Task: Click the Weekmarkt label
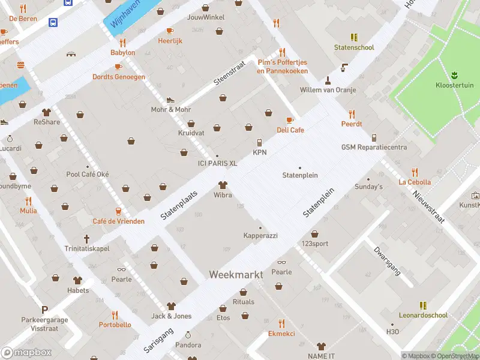point(236,274)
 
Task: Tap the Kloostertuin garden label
point(454,85)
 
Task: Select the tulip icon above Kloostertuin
point(454,74)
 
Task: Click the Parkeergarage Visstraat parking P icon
point(44,310)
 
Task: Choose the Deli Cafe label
point(290,130)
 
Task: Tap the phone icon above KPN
point(259,143)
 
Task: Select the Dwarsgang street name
point(386,259)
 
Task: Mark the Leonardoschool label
point(423,315)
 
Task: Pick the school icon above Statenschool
point(354,37)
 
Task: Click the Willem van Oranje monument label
point(328,90)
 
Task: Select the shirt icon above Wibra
point(223,185)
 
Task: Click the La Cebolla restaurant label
point(415,182)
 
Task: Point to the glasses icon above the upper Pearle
point(281,262)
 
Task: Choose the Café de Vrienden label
point(118,221)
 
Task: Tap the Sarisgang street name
point(158,340)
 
